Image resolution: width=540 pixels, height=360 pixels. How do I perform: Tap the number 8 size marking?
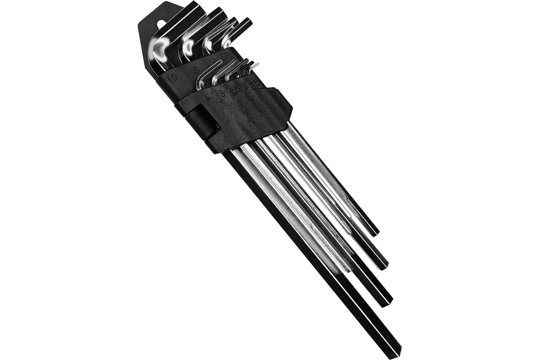196,70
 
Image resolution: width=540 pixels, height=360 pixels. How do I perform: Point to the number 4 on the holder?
207,97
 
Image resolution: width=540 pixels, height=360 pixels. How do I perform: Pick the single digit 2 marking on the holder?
245,85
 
